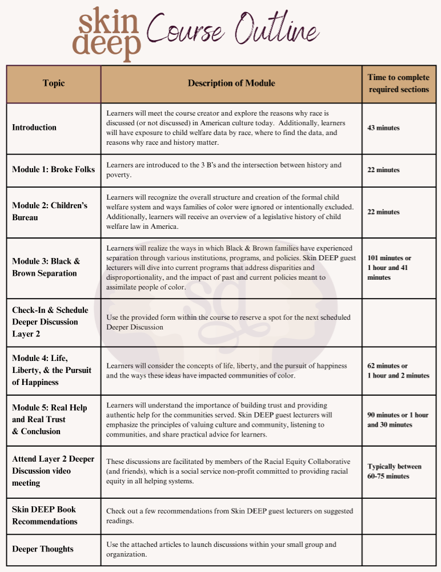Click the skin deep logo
pos(106,34)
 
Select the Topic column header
pos(54,84)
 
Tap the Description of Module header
pos(231,84)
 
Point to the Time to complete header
pos(398,84)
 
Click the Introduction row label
pos(34,128)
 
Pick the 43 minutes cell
pos(383,128)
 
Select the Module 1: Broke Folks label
pos(54,170)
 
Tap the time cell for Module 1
pos(383,170)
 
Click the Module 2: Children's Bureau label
pos(50,211)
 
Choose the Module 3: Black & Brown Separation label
pos(46,267)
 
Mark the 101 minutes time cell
pos(389,268)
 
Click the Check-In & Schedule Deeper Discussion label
pos(50,321)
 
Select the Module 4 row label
pos(51,370)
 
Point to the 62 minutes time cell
pos(398,371)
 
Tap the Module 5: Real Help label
pos(50,419)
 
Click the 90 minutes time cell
pos(398,420)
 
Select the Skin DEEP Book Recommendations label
pos(45,515)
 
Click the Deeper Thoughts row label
pos(43,549)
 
